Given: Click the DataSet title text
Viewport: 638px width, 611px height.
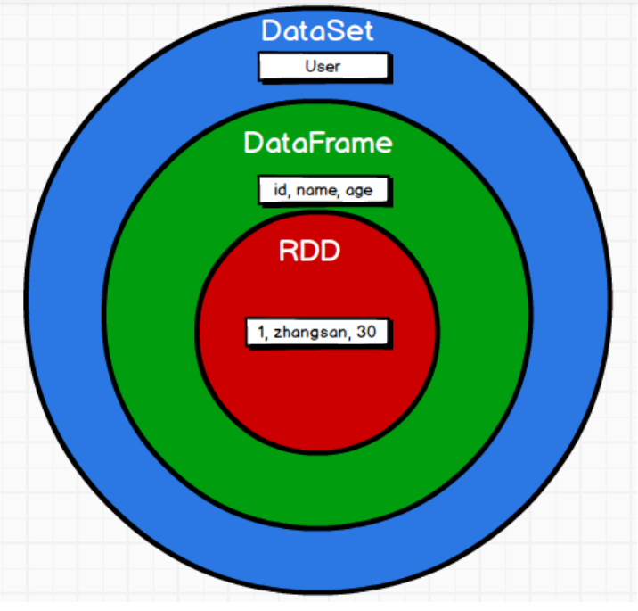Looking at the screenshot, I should point(317,30).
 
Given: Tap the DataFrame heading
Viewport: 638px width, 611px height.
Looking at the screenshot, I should point(317,142).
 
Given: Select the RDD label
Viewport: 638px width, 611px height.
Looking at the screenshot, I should point(309,251).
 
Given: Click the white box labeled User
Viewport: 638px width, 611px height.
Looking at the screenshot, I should point(323,66).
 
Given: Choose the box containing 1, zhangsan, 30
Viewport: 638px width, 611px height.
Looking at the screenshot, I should point(317,333).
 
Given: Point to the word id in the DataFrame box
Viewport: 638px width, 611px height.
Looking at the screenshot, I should point(279,190).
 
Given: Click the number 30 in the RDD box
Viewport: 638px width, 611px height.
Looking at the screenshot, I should point(366,333).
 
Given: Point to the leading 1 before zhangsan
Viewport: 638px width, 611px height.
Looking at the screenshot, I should point(261,333).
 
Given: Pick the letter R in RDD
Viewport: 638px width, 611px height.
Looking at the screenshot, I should point(289,251).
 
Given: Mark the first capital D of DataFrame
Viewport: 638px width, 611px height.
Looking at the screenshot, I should point(253,142).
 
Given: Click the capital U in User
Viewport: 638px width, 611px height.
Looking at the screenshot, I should point(309,66).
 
